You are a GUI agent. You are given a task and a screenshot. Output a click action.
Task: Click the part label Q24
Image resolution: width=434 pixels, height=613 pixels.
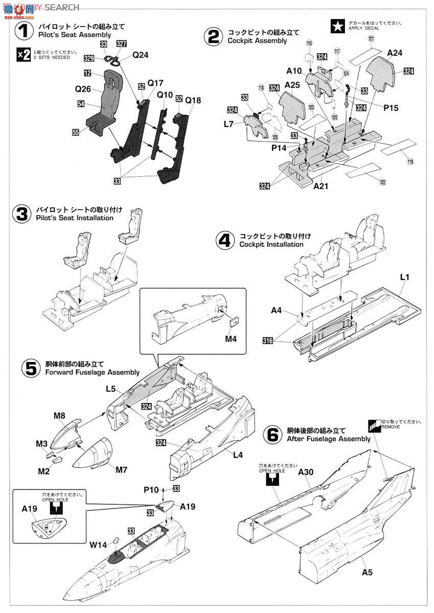click(140, 55)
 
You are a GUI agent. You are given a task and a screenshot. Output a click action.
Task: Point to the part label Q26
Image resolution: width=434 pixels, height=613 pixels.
click(83, 88)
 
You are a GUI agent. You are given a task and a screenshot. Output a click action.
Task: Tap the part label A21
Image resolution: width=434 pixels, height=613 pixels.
click(321, 186)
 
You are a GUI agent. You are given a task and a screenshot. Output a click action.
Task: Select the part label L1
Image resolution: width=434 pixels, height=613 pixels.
click(405, 277)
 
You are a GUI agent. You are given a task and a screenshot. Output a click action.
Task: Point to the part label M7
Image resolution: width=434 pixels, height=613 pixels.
click(121, 469)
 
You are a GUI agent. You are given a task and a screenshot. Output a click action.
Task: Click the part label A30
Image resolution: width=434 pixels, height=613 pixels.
click(306, 472)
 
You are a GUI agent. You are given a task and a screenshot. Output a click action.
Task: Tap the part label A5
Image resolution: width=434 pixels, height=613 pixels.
click(367, 572)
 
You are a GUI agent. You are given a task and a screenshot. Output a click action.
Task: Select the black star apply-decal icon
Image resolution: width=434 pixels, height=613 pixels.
click(337, 26)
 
